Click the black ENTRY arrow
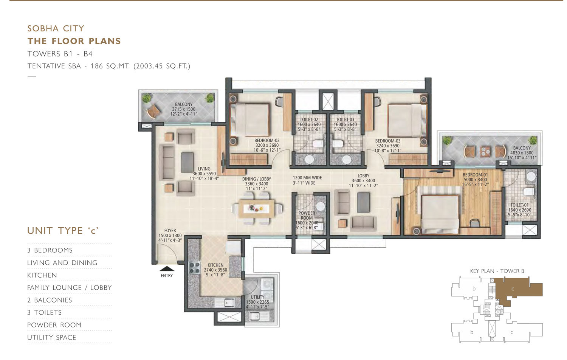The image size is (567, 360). pos(167,268)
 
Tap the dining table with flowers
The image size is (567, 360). pos(257,209)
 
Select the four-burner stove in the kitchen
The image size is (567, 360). pos(194,268)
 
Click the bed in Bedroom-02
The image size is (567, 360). pos(249,119)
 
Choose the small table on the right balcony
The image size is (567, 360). pos(485,151)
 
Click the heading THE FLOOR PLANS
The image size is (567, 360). pos(74,41)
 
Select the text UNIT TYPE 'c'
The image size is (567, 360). pos(63,231)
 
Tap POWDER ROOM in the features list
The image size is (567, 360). pos(54,325)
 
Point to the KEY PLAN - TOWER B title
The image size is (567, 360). pos(497,271)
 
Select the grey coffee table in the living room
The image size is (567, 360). pos(187,162)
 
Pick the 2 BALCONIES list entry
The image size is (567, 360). pos(50,300)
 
